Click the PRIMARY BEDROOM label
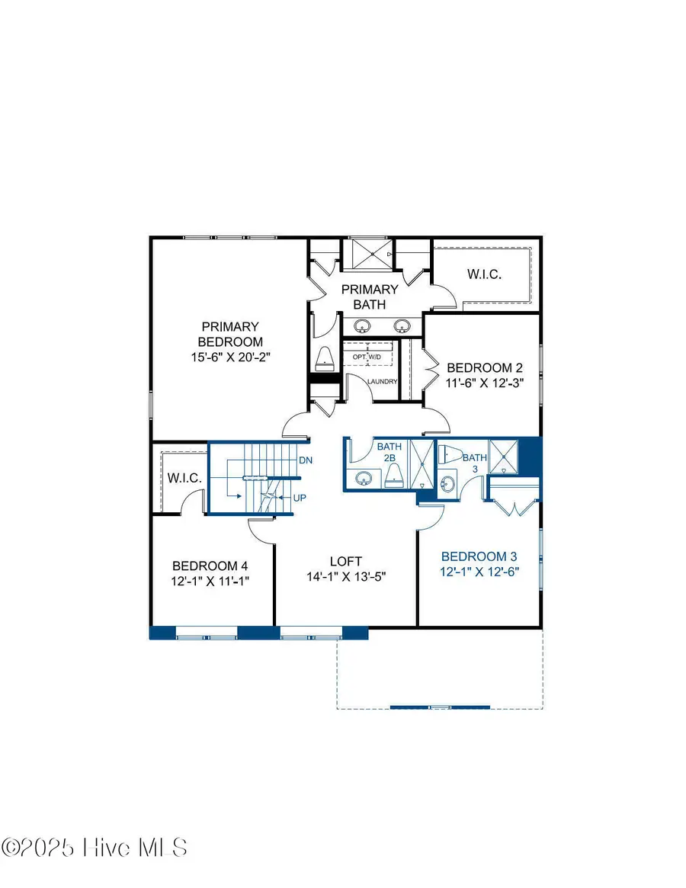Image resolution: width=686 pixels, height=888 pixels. point(230,341)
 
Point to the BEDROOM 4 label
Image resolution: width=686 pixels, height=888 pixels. point(210,566)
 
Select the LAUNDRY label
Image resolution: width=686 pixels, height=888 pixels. point(382,382)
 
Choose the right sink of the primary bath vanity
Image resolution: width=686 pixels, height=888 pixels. point(402,326)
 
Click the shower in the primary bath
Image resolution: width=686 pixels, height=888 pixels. point(369,254)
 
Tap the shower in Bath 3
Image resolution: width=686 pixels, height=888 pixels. point(503,457)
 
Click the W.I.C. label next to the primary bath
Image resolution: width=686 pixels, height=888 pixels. point(483,274)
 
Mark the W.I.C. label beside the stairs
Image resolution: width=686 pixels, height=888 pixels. point(184,479)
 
